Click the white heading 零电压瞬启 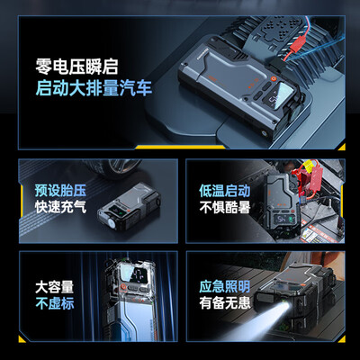point(76,67)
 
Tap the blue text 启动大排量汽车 point(94,87)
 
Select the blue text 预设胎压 point(60,190)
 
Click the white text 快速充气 point(60,207)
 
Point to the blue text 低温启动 point(225,191)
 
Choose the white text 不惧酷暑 point(225,207)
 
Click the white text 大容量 point(54,287)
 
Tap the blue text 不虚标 point(54,303)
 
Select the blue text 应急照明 point(225,286)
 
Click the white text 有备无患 point(225,303)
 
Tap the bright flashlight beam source point(284,307)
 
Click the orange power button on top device point(273,78)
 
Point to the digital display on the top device point(281,95)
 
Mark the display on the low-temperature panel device point(283,220)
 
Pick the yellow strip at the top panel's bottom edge point(180,147)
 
